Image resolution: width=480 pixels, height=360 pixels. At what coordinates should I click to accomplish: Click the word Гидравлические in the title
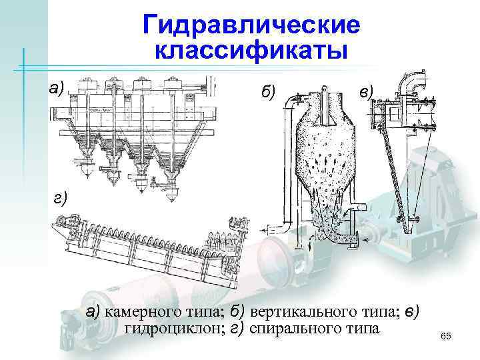click(x=251, y=26)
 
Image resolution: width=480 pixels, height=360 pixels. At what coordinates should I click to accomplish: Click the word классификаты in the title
click(x=251, y=51)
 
